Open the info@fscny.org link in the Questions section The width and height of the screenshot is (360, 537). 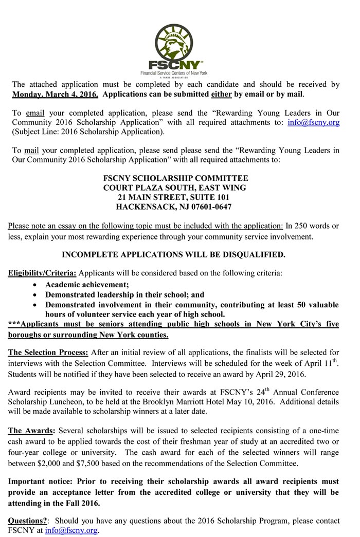[x=71, y=530]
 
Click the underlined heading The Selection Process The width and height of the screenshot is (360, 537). [x=48, y=353]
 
